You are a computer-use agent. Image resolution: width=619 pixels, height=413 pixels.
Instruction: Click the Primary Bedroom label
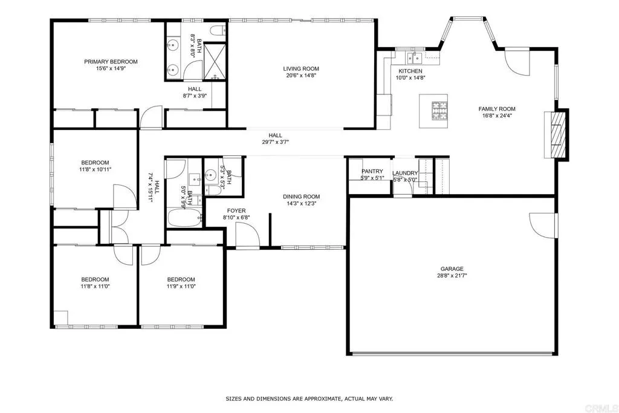(x=111, y=62)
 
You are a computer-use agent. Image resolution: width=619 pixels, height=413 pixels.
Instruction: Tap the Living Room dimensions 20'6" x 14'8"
(x=300, y=76)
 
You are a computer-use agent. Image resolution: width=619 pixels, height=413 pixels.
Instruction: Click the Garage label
(x=452, y=268)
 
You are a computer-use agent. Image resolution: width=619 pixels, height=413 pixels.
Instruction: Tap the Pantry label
(x=372, y=171)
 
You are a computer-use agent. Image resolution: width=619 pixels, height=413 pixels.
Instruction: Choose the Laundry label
(x=405, y=173)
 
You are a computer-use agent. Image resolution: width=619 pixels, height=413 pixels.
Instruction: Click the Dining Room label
(x=301, y=197)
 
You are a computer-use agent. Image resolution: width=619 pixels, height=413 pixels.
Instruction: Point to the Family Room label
(x=497, y=109)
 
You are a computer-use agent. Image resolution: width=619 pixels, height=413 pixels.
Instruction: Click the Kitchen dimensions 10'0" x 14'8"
(x=410, y=78)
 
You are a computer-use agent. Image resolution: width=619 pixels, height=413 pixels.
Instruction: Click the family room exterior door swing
(x=517, y=60)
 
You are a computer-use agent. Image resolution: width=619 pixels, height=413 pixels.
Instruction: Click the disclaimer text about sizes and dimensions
(x=309, y=398)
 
